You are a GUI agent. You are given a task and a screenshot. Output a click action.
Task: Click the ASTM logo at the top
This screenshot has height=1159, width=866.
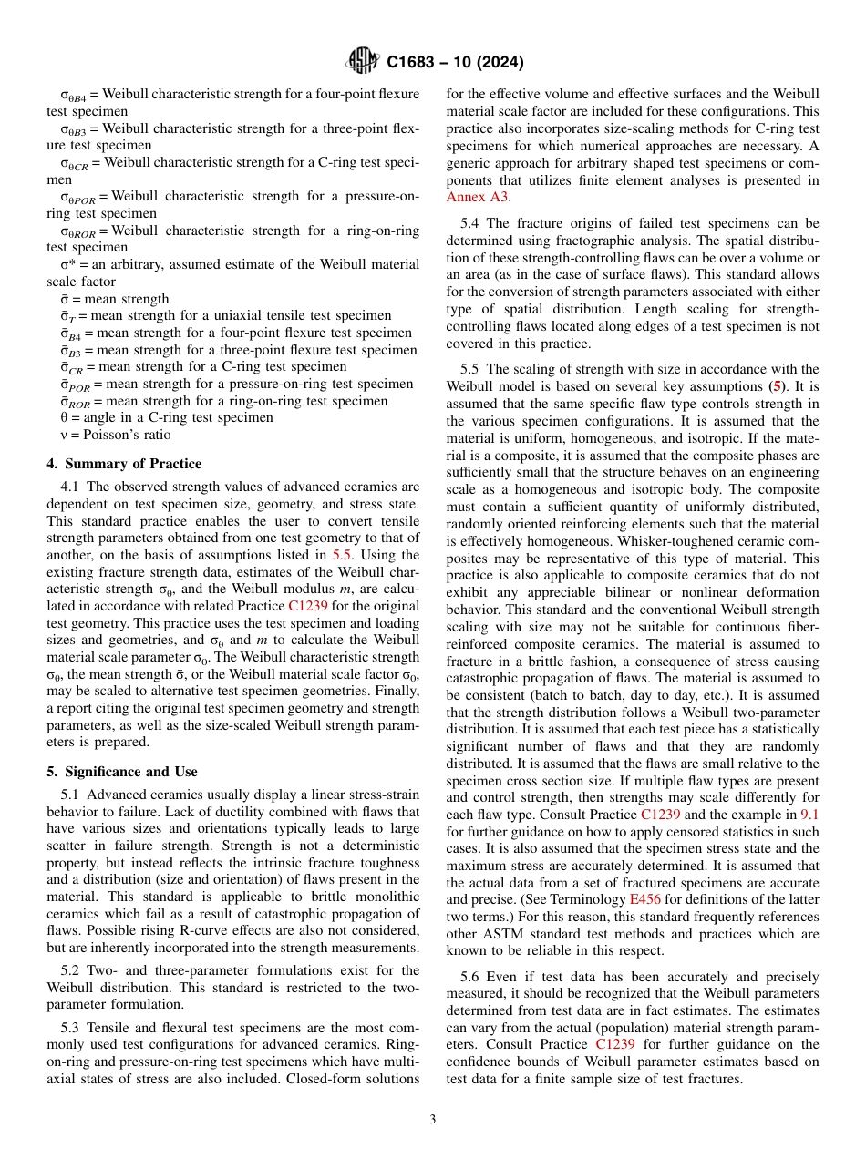point(363,62)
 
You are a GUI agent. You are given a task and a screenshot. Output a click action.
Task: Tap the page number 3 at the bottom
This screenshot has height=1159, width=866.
point(433,1120)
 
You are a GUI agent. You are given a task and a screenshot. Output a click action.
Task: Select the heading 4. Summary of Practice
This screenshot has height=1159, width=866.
point(124,464)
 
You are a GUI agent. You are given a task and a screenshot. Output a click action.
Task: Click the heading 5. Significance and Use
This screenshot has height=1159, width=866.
point(121,771)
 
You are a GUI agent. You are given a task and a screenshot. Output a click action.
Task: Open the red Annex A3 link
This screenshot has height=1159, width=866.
point(478,197)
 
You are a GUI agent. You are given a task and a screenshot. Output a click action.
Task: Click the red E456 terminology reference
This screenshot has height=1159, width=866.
point(645,899)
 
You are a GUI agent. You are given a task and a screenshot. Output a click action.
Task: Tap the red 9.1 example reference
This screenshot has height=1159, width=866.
point(809,815)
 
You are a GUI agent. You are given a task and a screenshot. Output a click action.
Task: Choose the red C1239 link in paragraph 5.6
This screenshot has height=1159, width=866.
point(615,1044)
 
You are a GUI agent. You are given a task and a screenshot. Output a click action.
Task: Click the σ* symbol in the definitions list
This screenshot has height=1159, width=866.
point(55,264)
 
